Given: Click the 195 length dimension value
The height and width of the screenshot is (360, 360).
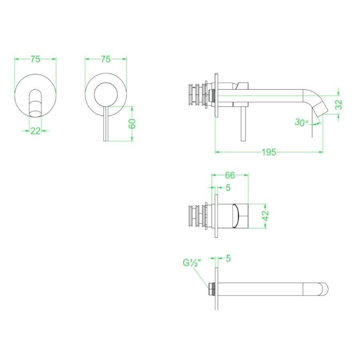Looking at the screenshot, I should click(x=269, y=152).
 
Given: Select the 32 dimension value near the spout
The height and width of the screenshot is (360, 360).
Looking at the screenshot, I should click(x=339, y=105).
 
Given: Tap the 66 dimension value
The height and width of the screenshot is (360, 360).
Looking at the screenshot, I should click(x=230, y=175).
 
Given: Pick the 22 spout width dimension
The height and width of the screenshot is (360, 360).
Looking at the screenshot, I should click(x=35, y=130).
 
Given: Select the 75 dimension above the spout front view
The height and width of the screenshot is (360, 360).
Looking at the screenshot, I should click(x=35, y=59).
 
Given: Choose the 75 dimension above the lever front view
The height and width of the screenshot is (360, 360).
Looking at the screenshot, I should click(x=105, y=59).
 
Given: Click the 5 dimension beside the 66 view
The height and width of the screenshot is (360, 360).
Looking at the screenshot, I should click(x=228, y=188).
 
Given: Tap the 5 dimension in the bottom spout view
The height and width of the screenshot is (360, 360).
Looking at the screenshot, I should click(x=228, y=259).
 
